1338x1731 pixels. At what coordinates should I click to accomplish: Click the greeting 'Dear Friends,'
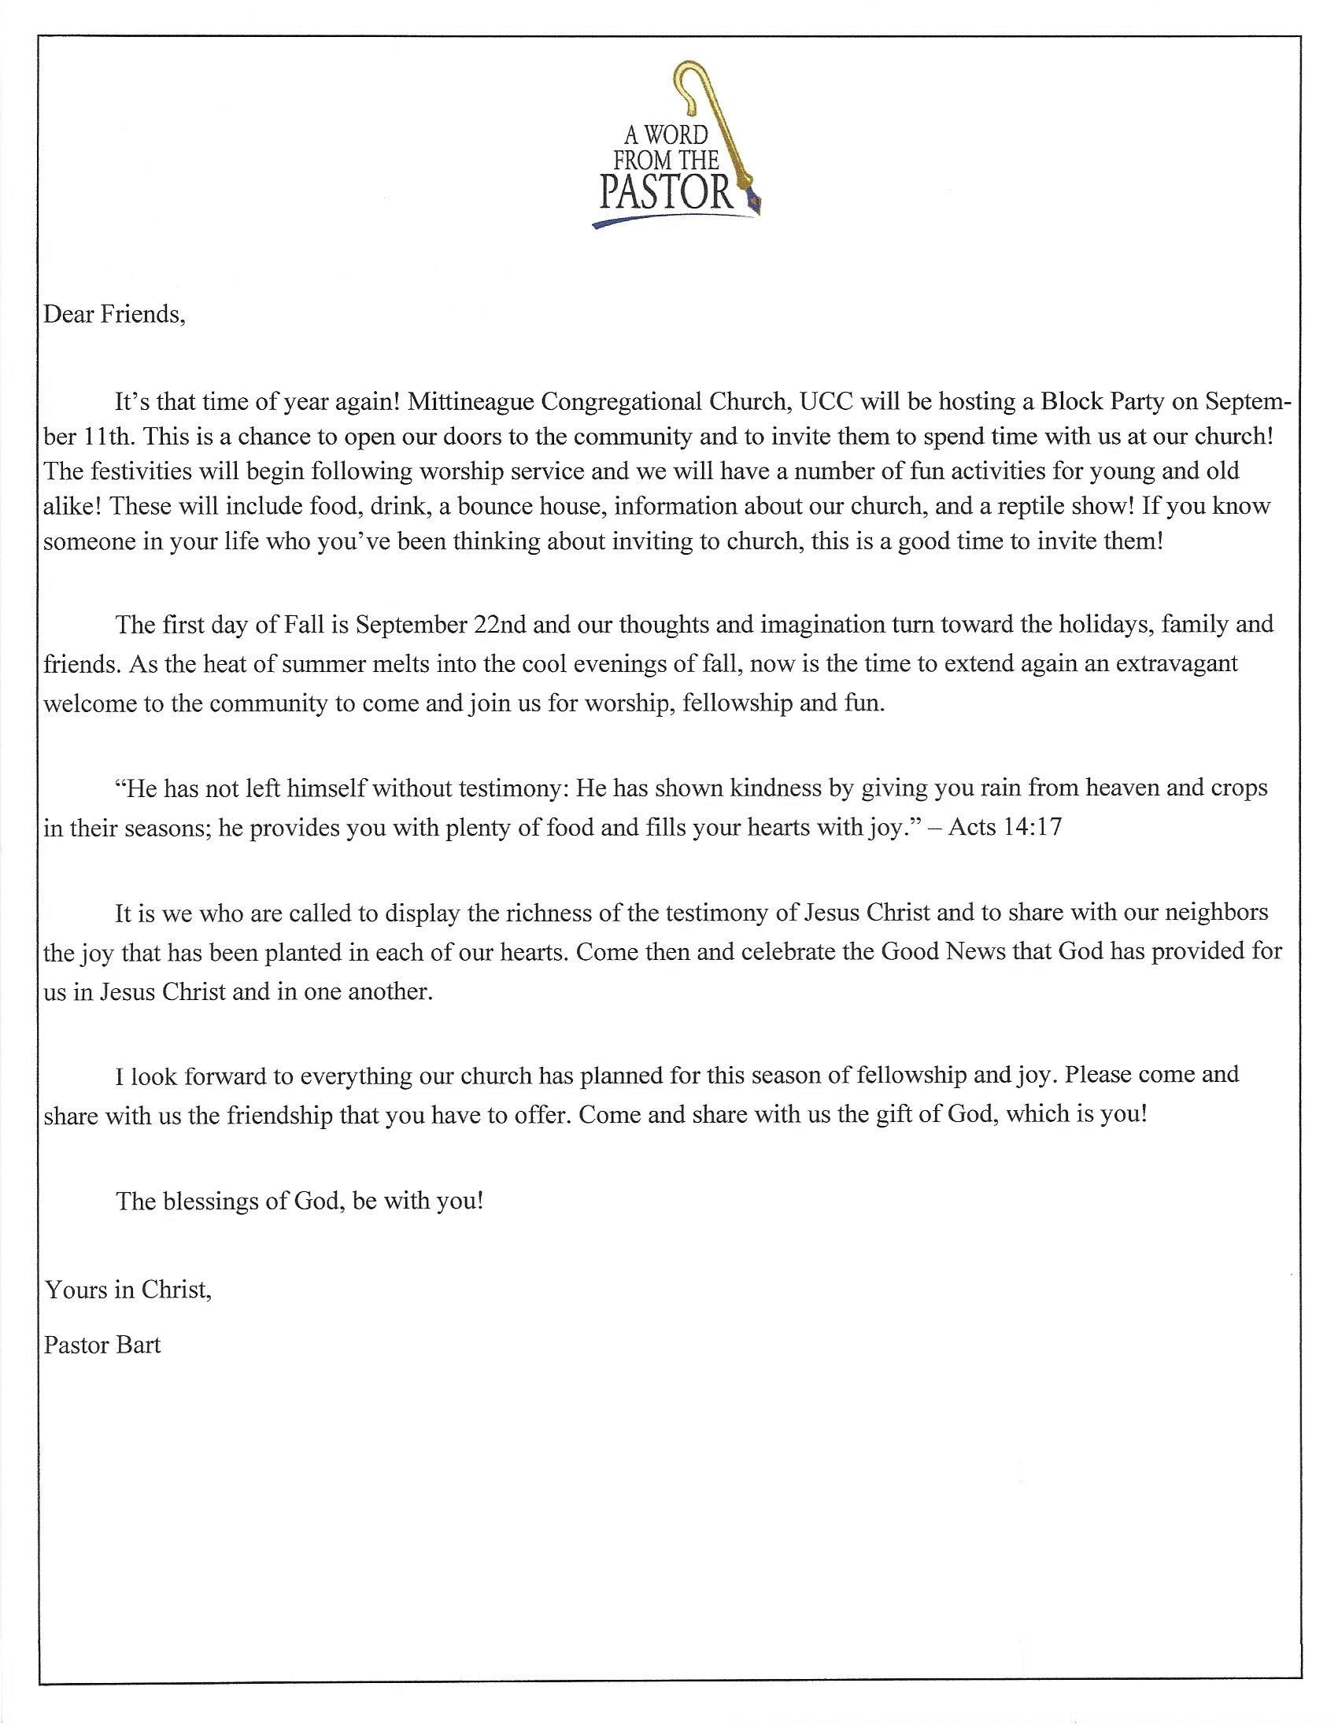pos(114,315)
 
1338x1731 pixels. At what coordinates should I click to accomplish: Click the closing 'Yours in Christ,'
pos(128,1290)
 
